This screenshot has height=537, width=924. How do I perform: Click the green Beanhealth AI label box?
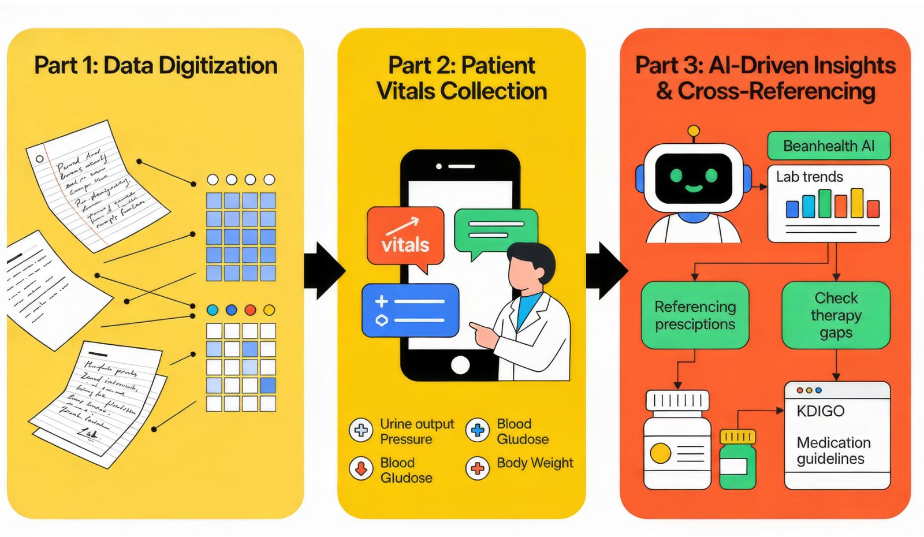coord(828,146)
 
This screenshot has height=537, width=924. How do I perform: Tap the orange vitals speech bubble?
coord(405,237)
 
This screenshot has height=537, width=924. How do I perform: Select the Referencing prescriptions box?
coord(695,315)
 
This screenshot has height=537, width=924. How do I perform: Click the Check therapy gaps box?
coord(836,315)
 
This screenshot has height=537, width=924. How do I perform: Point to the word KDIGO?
coord(820,411)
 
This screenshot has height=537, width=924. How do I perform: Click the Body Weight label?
coord(535,463)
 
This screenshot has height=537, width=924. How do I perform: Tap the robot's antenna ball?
coord(694,131)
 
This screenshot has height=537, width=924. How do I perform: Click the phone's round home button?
coord(460,365)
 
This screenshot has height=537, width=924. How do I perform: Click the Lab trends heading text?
coord(809,177)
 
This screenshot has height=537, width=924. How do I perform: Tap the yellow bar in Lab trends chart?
coord(857,203)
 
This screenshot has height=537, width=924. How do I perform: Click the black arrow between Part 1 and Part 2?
coord(323,270)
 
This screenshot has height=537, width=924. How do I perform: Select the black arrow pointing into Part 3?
coord(606,270)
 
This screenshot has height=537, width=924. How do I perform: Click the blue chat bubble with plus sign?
coord(410,310)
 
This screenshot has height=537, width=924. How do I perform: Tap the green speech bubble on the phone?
coord(495,232)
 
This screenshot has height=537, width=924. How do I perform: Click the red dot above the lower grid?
coord(250,310)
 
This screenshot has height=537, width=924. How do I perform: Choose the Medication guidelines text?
coord(833,450)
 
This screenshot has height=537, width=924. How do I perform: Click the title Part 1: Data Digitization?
coord(156,65)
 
